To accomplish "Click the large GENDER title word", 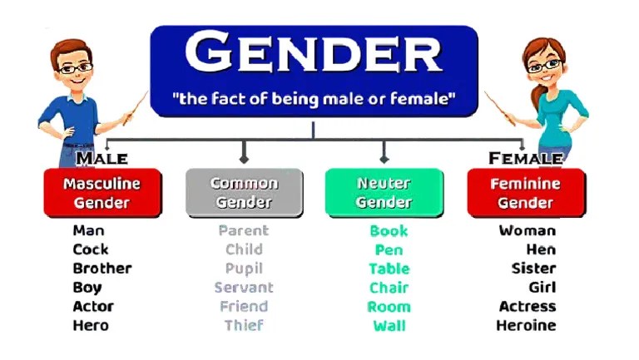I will (x=313, y=53).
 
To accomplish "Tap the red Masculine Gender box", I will (x=102, y=192).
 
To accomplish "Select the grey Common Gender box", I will (x=244, y=192).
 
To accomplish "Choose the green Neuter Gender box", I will (x=384, y=192).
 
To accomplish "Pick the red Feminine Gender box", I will (x=525, y=192).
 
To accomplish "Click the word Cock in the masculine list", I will (x=91, y=249).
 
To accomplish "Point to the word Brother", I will (x=102, y=269).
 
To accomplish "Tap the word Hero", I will (x=91, y=325).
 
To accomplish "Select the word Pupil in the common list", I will (x=244, y=269).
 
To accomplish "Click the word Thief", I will (x=244, y=325).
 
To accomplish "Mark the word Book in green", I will (x=389, y=231).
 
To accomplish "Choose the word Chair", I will (x=389, y=288).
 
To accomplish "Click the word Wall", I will (x=389, y=325).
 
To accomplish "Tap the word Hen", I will (x=541, y=249).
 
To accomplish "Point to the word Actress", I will (x=527, y=307).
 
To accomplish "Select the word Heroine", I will (x=526, y=325).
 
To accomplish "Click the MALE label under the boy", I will (x=102, y=158).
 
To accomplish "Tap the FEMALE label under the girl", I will (x=525, y=158).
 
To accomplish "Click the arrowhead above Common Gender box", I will (x=244, y=156).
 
